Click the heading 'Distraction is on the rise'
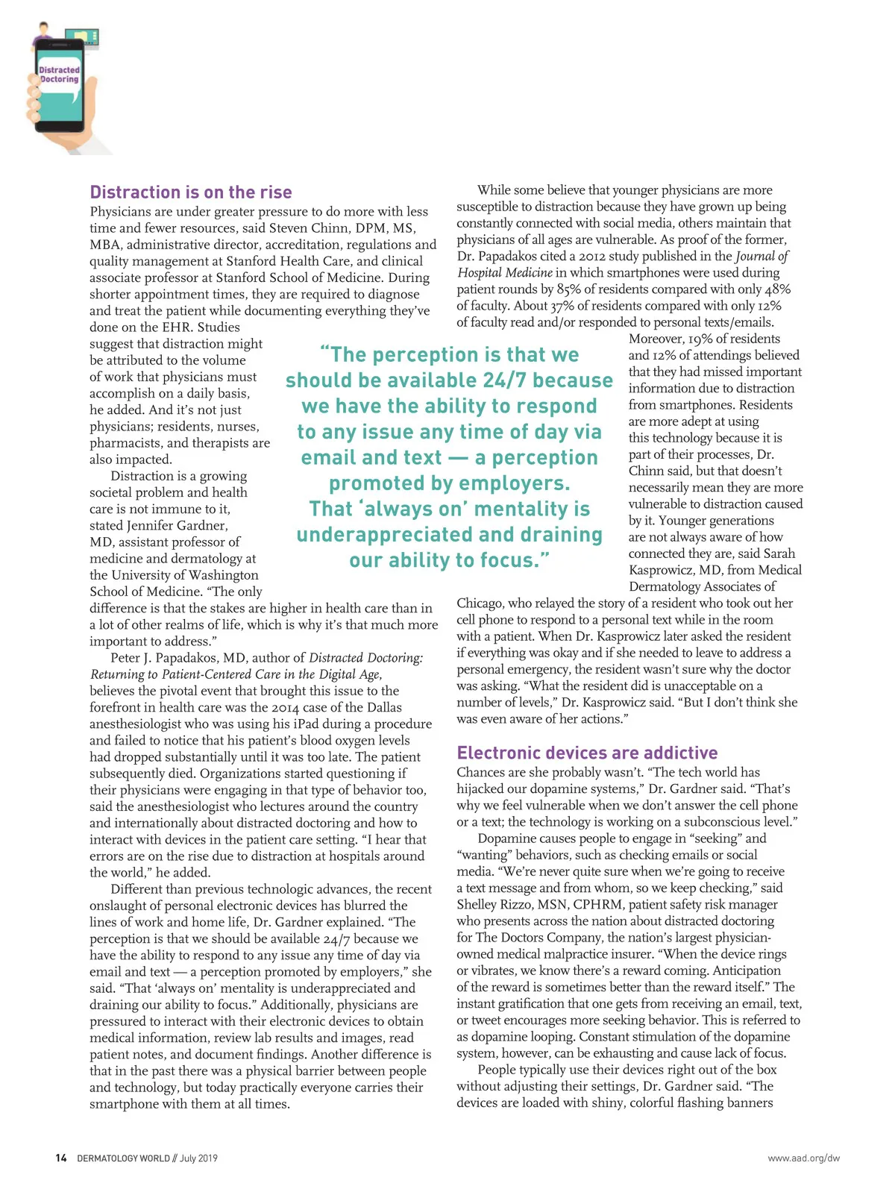[191, 192]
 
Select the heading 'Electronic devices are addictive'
[587, 753]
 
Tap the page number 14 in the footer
[61, 1158]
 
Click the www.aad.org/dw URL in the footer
[803, 1158]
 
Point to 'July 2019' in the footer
[198, 1158]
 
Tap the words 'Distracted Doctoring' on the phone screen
[59, 75]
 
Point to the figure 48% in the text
[776, 289]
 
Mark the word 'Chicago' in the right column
[482, 603]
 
